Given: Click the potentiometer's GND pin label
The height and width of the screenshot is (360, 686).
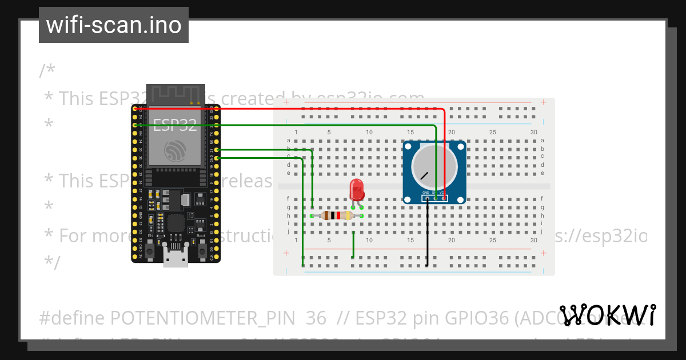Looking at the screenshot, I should point(426,193).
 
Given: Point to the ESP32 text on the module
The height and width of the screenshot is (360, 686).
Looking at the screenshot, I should point(175,126).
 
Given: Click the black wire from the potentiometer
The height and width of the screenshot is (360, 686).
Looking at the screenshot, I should point(427,234).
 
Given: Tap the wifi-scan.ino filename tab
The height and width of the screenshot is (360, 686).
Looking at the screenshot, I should point(114,25).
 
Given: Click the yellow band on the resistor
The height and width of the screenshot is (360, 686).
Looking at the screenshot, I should point(349,215).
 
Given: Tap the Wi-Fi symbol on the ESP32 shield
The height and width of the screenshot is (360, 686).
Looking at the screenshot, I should point(175,151).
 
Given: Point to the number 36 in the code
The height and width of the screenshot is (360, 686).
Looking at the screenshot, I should point(316,318).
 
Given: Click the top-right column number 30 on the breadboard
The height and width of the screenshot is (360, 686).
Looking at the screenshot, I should point(533,133).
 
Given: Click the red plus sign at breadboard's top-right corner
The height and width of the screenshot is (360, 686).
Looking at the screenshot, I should point(543,102).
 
